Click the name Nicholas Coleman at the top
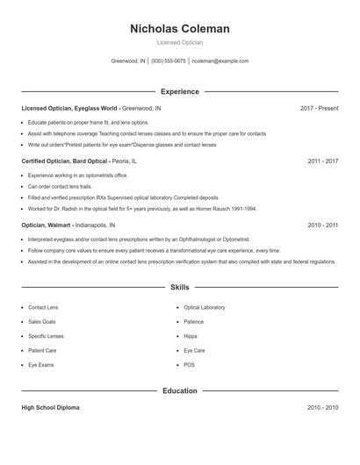[x=179, y=29]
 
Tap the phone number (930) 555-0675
[x=169, y=61]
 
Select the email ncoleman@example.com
[x=220, y=61]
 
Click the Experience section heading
[x=179, y=91]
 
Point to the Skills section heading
[x=179, y=287]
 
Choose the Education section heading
[x=179, y=390]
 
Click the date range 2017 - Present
[x=319, y=108]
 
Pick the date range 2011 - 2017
[x=322, y=161]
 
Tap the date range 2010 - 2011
[x=322, y=225]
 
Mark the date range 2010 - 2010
[x=322, y=408]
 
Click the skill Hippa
[x=190, y=335]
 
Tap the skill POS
[x=189, y=363]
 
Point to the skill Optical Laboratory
[x=204, y=307]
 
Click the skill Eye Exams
[x=40, y=363]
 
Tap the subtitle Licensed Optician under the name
[x=179, y=42]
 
